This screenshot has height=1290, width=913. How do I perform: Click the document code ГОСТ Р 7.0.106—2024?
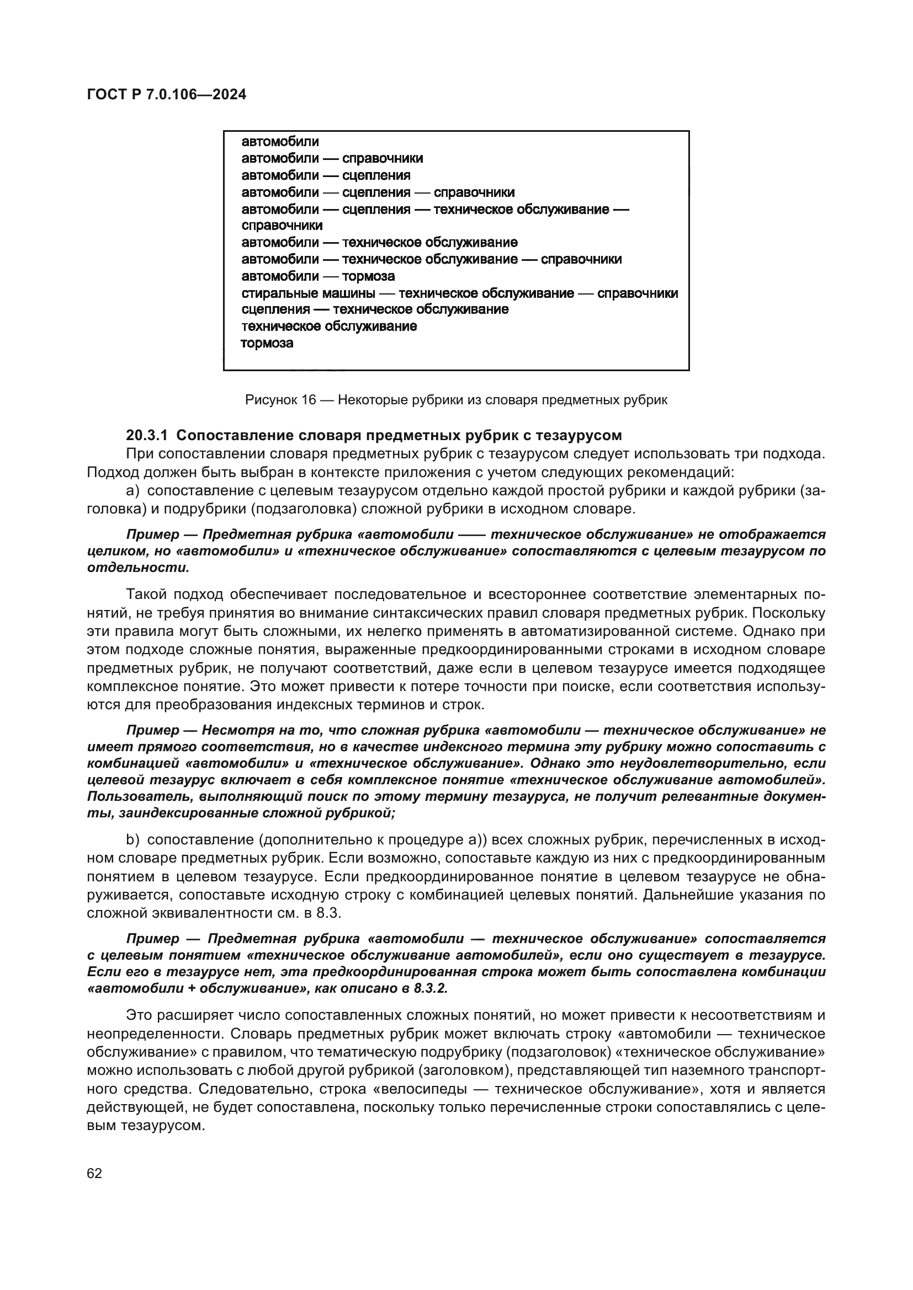166,95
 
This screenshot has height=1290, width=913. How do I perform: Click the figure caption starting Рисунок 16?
456,400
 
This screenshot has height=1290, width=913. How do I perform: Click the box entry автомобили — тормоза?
318,276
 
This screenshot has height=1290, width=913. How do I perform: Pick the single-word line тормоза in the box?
267,342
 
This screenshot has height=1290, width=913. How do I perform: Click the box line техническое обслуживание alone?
329,326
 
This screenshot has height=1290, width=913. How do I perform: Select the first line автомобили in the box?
280,142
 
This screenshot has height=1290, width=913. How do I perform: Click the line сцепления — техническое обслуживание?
375,309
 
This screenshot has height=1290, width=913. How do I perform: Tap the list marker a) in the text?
132,490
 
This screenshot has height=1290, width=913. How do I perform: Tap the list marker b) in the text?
132,839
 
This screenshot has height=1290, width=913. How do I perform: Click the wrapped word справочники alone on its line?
282,226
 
